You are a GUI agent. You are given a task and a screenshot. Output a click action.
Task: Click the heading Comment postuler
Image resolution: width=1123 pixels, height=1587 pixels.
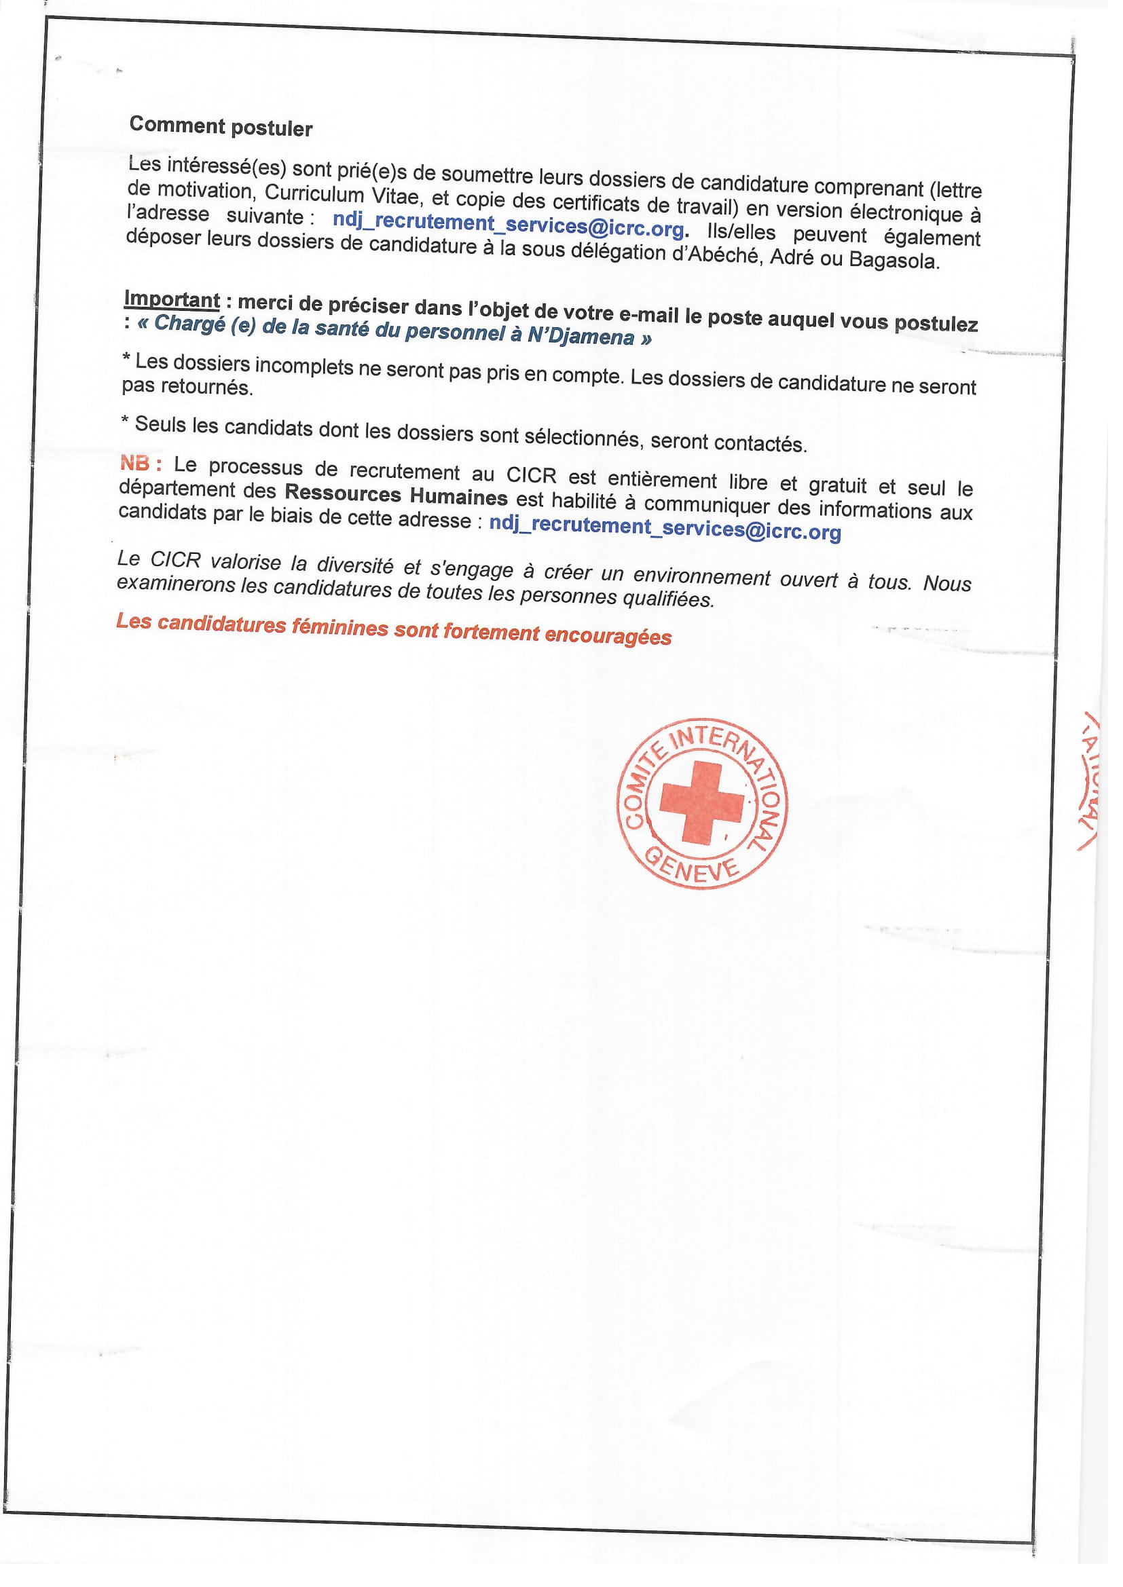click(221, 126)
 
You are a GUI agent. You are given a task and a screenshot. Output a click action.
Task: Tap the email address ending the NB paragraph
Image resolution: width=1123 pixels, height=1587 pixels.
click(665, 528)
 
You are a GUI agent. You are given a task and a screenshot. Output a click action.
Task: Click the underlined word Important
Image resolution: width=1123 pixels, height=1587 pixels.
click(172, 300)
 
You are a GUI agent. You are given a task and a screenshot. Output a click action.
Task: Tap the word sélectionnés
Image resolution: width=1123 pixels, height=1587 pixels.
click(581, 437)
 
